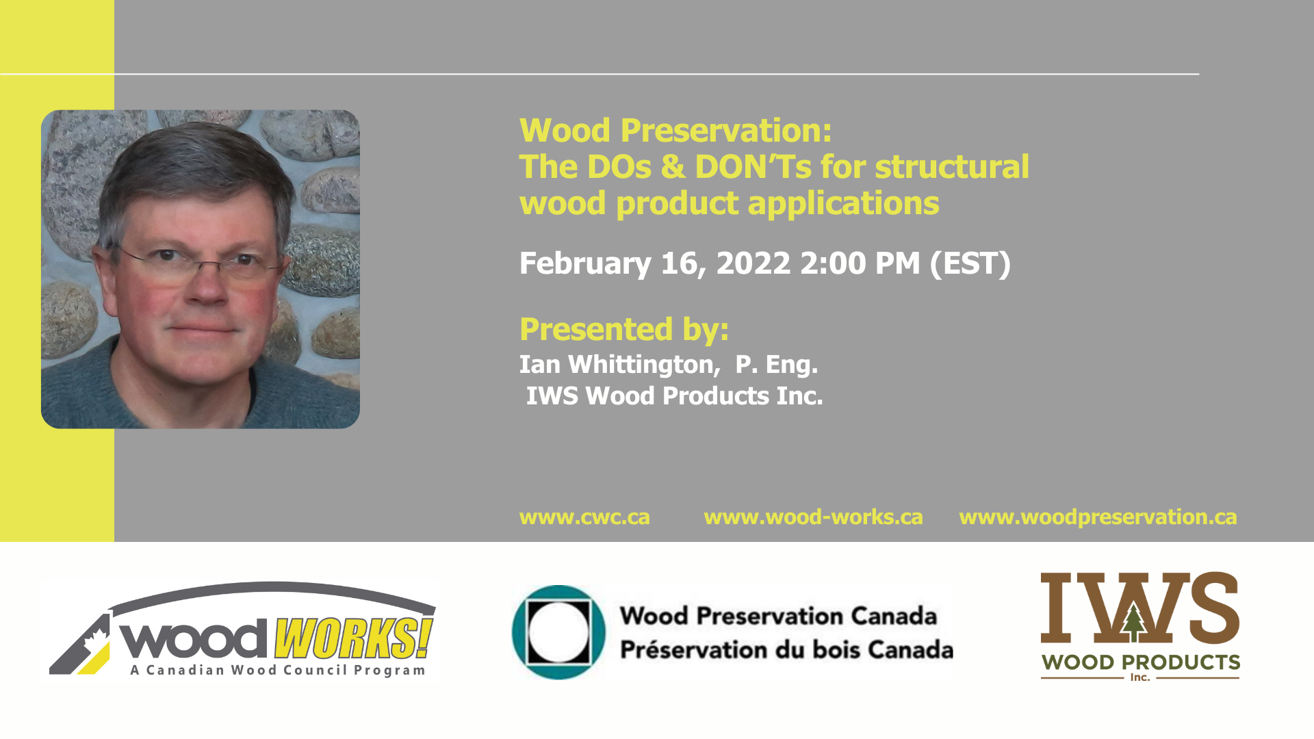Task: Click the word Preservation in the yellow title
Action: tap(726, 131)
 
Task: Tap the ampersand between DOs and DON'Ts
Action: tap(673, 167)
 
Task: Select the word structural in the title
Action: tap(952, 167)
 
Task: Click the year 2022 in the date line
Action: tap(753, 263)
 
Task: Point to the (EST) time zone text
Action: tap(970, 263)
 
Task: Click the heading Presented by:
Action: tap(624, 329)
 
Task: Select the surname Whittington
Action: tap(644, 365)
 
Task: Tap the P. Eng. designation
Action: tap(777, 365)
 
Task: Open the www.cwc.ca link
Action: tap(584, 517)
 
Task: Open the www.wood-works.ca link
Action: tap(813, 517)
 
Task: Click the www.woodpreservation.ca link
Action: tap(1098, 517)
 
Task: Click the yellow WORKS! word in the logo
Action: tap(354, 638)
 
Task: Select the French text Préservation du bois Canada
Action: tap(786, 649)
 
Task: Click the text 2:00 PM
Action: tap(860, 263)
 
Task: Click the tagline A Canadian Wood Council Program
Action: tap(278, 670)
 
